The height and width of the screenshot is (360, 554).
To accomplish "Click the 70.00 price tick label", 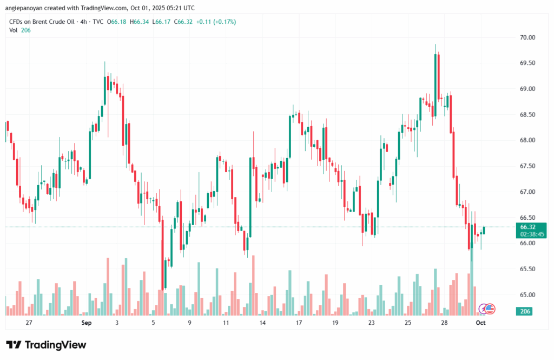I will tap(527, 37).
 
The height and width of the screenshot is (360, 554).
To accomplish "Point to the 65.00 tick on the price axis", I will tap(527, 294).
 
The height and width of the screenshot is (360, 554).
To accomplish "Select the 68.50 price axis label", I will tap(527, 114).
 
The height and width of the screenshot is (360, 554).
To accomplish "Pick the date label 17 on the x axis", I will tap(299, 323).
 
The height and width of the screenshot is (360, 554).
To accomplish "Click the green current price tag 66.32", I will tap(528, 227).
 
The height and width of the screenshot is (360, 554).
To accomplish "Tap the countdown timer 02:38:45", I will tap(532, 234).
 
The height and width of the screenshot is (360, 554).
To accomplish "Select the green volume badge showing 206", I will tap(524, 311).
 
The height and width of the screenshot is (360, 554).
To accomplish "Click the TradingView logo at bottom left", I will tap(46, 345).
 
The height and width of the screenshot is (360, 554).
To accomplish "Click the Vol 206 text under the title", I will tap(20, 30).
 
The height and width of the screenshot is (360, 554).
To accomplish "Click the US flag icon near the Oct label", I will tap(490, 309).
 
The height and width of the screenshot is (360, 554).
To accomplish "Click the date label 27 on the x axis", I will tap(29, 323).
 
